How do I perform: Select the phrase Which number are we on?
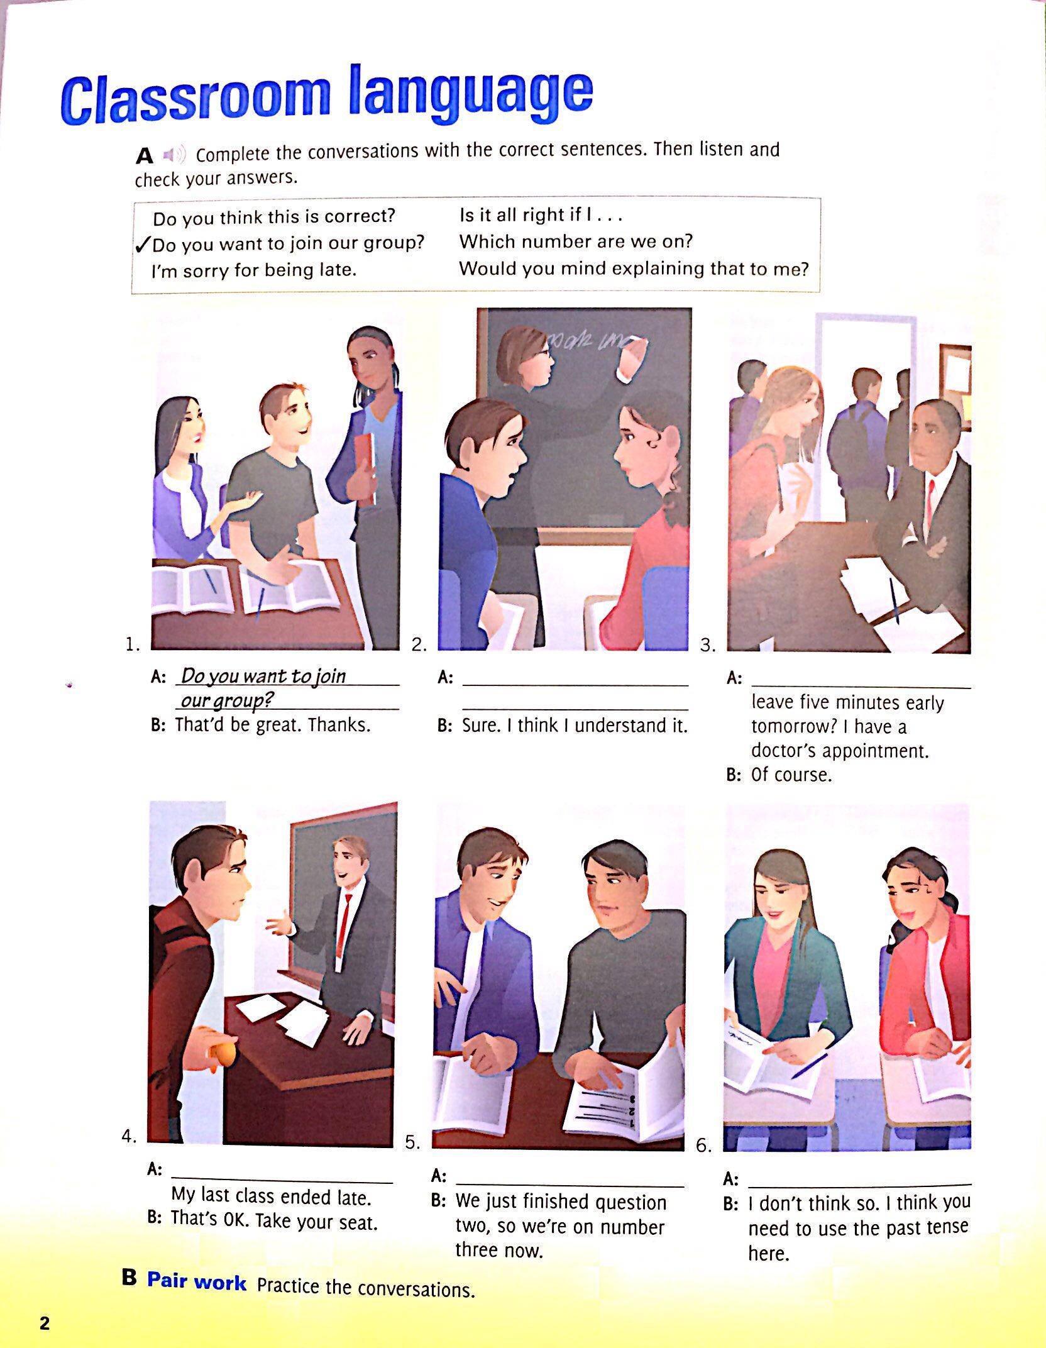click(576, 241)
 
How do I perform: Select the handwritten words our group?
click(227, 700)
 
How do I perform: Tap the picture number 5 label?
click(412, 1142)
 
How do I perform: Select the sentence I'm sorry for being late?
click(254, 270)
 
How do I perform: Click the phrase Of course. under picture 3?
click(791, 775)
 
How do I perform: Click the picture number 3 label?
click(708, 645)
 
